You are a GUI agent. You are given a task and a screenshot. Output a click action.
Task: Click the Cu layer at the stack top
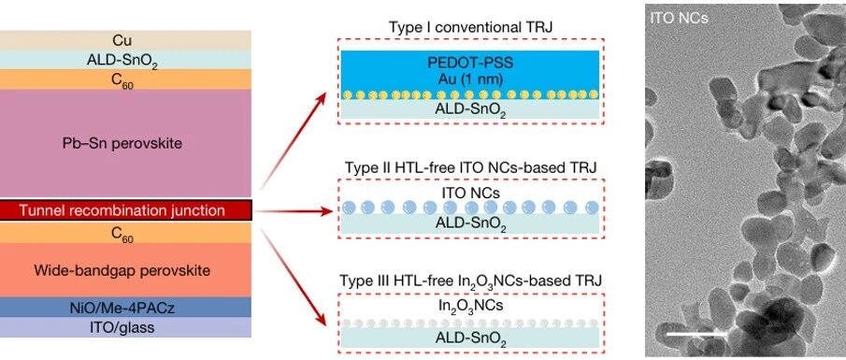point(125,40)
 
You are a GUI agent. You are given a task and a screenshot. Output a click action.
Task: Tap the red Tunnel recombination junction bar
point(125,210)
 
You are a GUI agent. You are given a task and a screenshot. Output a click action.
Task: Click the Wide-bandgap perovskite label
point(122,270)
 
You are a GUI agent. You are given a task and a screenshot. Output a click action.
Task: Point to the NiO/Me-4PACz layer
point(125,307)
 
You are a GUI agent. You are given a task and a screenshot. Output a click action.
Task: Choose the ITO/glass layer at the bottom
point(125,327)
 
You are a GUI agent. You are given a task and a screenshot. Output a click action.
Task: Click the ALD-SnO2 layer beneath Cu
point(125,60)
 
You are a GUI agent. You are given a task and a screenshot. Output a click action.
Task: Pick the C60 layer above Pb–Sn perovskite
point(125,79)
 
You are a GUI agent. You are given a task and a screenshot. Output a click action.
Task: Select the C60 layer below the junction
point(125,233)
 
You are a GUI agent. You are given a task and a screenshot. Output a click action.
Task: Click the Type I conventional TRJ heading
point(471,27)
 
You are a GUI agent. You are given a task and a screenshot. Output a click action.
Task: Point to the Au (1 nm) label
point(471,79)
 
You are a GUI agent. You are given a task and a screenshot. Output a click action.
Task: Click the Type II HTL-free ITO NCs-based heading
point(471,168)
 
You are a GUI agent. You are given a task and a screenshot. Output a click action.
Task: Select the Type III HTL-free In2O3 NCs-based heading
point(471,281)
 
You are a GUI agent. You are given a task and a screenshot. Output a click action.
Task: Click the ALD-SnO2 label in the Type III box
point(471,338)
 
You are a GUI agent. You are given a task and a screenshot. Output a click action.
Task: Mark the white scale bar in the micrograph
point(696,334)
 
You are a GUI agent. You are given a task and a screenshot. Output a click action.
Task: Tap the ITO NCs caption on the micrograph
point(679,19)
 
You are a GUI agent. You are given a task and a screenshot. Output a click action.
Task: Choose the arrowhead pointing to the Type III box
point(322,320)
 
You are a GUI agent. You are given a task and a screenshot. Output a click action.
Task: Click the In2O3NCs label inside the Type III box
point(471,306)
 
